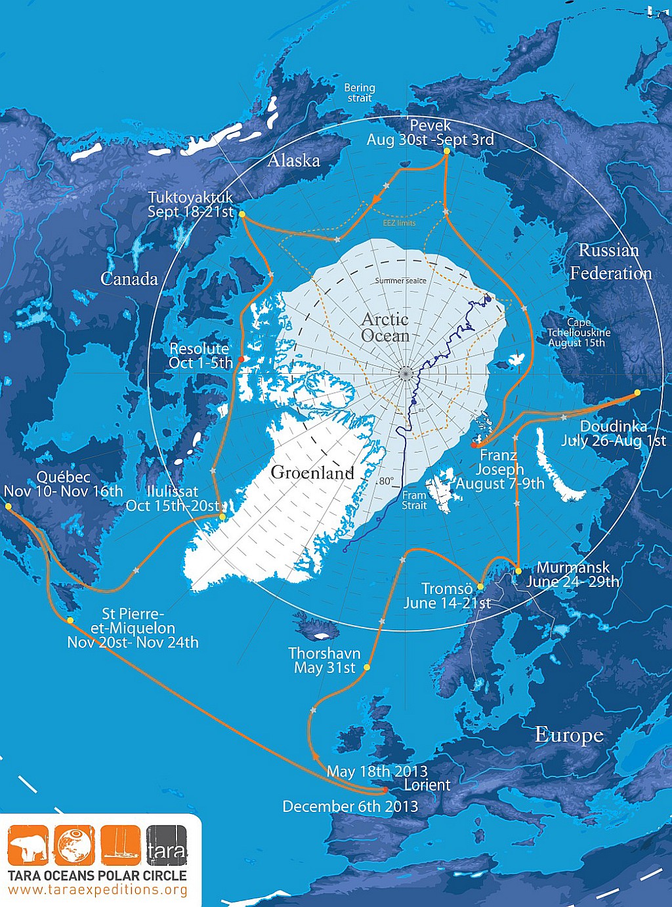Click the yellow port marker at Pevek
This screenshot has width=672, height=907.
[447, 151]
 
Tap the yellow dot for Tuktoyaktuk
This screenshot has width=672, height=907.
[242, 214]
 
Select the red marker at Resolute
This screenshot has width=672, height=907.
[240, 359]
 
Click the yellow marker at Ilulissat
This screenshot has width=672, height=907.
[222, 517]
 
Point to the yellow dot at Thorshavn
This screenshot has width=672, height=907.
[367, 667]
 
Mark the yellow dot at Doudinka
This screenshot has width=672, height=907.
[637, 393]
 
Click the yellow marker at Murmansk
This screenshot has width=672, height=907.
[518, 571]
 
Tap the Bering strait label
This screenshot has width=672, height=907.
[360, 92]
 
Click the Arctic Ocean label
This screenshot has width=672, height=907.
[385, 327]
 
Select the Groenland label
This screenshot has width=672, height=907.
[312, 472]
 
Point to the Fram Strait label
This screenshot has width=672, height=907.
[414, 500]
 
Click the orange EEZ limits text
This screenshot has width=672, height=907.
[399, 223]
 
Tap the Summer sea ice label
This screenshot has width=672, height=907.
[400, 281]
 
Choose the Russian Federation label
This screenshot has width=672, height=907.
[610, 262]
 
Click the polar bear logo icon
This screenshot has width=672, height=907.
[28, 845]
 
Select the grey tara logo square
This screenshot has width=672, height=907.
[167, 845]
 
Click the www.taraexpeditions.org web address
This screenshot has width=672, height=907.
[98, 890]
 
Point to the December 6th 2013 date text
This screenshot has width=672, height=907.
[350, 807]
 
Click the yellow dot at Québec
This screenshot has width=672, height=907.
[8, 506]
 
